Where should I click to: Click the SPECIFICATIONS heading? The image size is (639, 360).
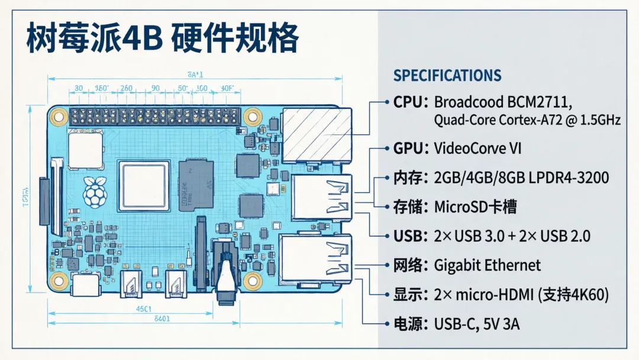coord(447,76)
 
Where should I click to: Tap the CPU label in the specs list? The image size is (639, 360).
coord(409,101)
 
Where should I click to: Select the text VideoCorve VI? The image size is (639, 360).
coord(478,148)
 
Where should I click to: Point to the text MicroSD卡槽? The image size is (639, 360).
coord(475,207)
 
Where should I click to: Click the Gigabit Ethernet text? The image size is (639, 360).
coord(488,265)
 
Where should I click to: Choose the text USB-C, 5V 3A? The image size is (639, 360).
coord(477,324)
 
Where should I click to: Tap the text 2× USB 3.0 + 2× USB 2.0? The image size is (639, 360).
coord(512,236)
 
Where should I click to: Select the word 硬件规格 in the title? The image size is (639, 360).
coord(234,39)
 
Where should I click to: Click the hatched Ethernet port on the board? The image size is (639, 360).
coord(317,135)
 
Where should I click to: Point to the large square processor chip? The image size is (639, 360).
coord(144,185)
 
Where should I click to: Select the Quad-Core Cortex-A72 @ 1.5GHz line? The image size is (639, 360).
coord(527,120)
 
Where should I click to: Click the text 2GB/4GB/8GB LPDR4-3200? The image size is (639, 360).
coord(521,178)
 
